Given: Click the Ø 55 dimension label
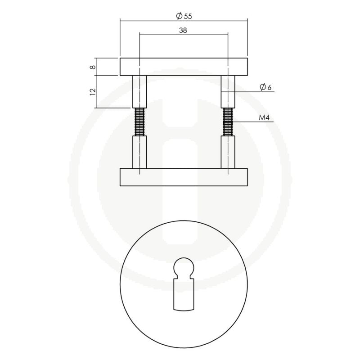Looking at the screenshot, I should click(184, 16).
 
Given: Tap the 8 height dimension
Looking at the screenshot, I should click(92, 67).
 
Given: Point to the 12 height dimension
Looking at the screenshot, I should click(92, 91).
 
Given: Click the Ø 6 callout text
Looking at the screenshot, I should click(265, 88).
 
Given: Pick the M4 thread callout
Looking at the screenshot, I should click(265, 118).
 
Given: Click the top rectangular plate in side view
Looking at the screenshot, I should click(184, 67).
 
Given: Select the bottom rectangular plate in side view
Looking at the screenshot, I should click(184, 177).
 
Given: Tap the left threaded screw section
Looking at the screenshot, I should click(139, 122).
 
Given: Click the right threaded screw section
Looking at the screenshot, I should click(228, 122).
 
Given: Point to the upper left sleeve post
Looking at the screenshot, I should click(139, 91).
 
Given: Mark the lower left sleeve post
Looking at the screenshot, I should click(139, 152).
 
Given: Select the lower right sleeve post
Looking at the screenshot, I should click(228, 152).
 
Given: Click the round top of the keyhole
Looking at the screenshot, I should click(184, 266).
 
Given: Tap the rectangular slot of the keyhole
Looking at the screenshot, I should click(184, 295).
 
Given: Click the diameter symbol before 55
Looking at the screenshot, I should click(179, 16).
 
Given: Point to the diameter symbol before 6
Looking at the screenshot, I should click(262, 88).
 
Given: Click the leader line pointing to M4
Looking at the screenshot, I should click(252, 122).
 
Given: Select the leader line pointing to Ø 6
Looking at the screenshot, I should click(252, 92).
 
